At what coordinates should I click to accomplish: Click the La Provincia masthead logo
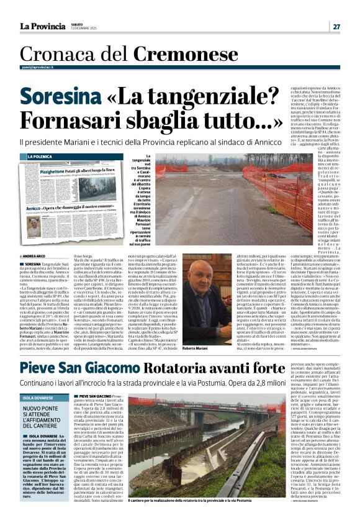tap(42, 26)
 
